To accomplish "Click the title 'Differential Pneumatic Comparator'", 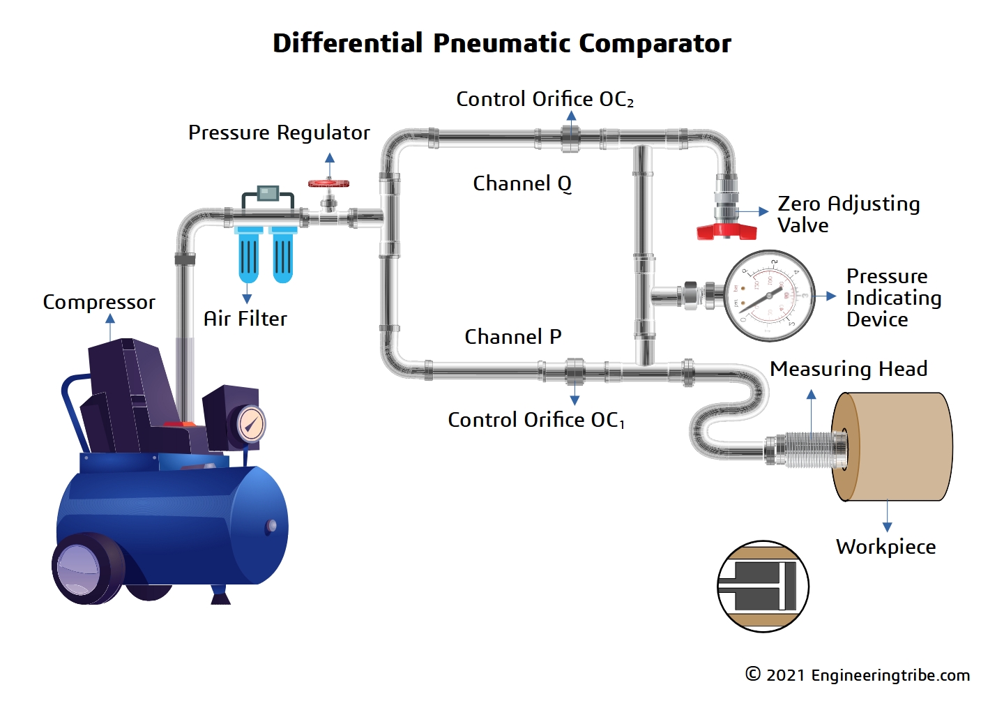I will click(x=501, y=43).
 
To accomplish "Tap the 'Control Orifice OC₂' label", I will click(x=545, y=99).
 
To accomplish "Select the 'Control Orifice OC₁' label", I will click(x=535, y=420).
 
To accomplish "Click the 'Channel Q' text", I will click(x=522, y=183).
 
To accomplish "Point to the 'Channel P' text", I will click(x=512, y=337).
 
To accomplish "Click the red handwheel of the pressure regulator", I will click(x=328, y=184).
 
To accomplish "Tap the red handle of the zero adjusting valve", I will click(x=727, y=231).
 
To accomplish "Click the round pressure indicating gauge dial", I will click(x=770, y=296).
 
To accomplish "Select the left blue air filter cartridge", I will click(x=248, y=255).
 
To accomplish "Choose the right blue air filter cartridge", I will click(x=282, y=255).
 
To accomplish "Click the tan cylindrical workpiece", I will click(x=896, y=446).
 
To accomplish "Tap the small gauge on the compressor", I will click(x=250, y=423).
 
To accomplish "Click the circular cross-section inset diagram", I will click(x=763, y=587).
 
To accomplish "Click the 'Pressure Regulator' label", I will click(x=279, y=133).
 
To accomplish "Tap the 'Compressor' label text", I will click(x=99, y=302).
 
